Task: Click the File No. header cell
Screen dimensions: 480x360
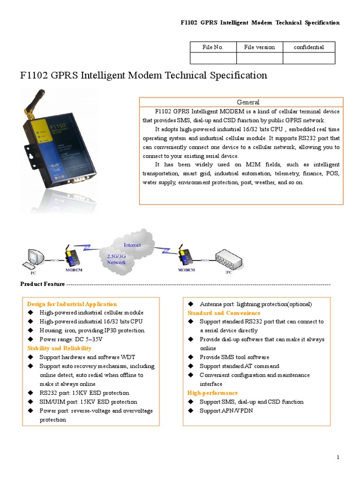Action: click(x=213, y=47)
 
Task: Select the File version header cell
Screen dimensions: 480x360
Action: click(x=259, y=47)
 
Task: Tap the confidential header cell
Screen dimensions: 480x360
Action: click(x=308, y=47)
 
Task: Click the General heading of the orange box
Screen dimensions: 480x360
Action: click(x=248, y=102)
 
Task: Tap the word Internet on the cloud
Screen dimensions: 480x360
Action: click(x=132, y=245)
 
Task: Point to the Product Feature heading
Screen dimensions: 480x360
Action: click(x=43, y=284)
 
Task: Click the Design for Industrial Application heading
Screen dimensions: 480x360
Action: click(x=72, y=304)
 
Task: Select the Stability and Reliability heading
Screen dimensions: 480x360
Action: click(x=59, y=348)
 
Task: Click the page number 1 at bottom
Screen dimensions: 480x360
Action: click(x=338, y=457)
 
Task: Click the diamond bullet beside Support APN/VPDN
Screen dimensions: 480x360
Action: click(x=191, y=411)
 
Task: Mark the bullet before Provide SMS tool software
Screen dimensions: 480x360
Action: click(x=191, y=357)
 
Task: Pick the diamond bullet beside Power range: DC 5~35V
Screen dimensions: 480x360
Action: click(x=30, y=339)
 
